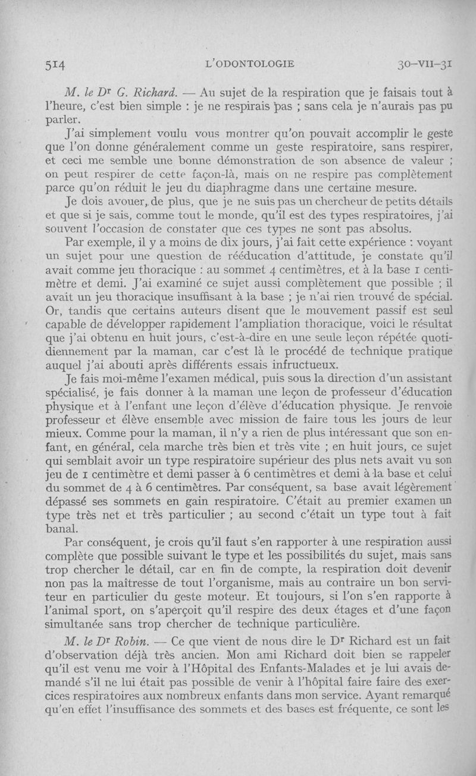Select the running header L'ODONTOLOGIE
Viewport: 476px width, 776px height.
[249, 64]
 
